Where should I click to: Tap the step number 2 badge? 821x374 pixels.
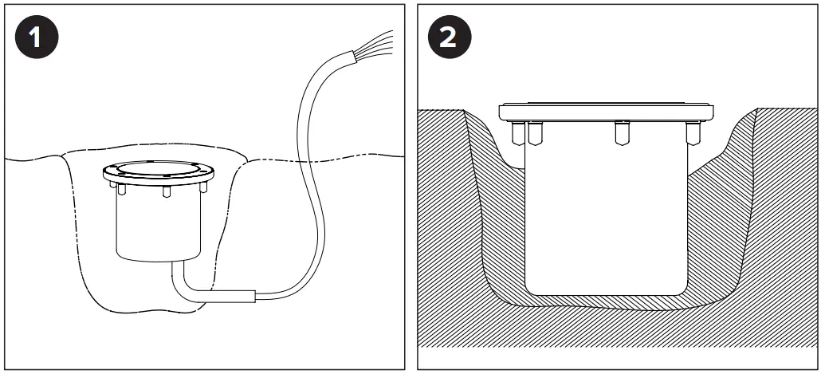(448, 37)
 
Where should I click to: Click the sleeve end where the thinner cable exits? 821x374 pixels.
(254, 297)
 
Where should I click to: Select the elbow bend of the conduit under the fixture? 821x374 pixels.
(183, 289)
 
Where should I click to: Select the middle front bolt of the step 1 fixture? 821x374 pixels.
(166, 192)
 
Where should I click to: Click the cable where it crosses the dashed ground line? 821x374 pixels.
(306, 159)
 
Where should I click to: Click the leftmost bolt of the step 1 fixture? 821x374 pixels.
(120, 191)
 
